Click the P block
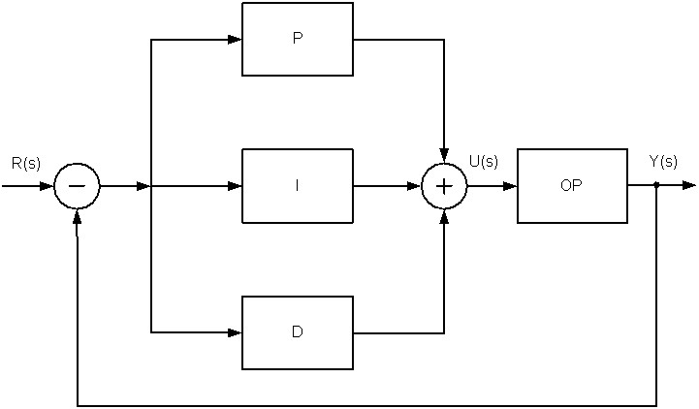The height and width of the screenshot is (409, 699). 298,39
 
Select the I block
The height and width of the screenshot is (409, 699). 298,186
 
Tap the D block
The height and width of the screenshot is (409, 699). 298,332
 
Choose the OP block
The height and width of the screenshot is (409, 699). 572,186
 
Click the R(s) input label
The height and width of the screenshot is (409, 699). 26,164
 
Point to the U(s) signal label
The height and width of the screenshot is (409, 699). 484,161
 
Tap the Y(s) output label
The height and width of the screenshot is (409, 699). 663,161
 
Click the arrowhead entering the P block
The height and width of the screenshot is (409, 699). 235,40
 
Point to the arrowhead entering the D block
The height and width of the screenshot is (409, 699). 235,332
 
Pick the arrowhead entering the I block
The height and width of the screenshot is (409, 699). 235,186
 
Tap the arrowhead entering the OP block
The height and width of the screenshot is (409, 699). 510,186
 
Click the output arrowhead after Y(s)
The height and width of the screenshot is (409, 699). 688,185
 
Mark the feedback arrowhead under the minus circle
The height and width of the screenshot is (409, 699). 78,216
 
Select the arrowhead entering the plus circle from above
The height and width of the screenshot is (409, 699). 444,155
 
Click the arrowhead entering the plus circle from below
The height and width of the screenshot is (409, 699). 444,216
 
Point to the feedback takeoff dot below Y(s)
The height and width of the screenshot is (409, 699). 656,184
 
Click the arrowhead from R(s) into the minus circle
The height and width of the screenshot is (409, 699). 47,186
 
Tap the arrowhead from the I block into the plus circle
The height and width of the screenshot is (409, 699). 414,186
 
